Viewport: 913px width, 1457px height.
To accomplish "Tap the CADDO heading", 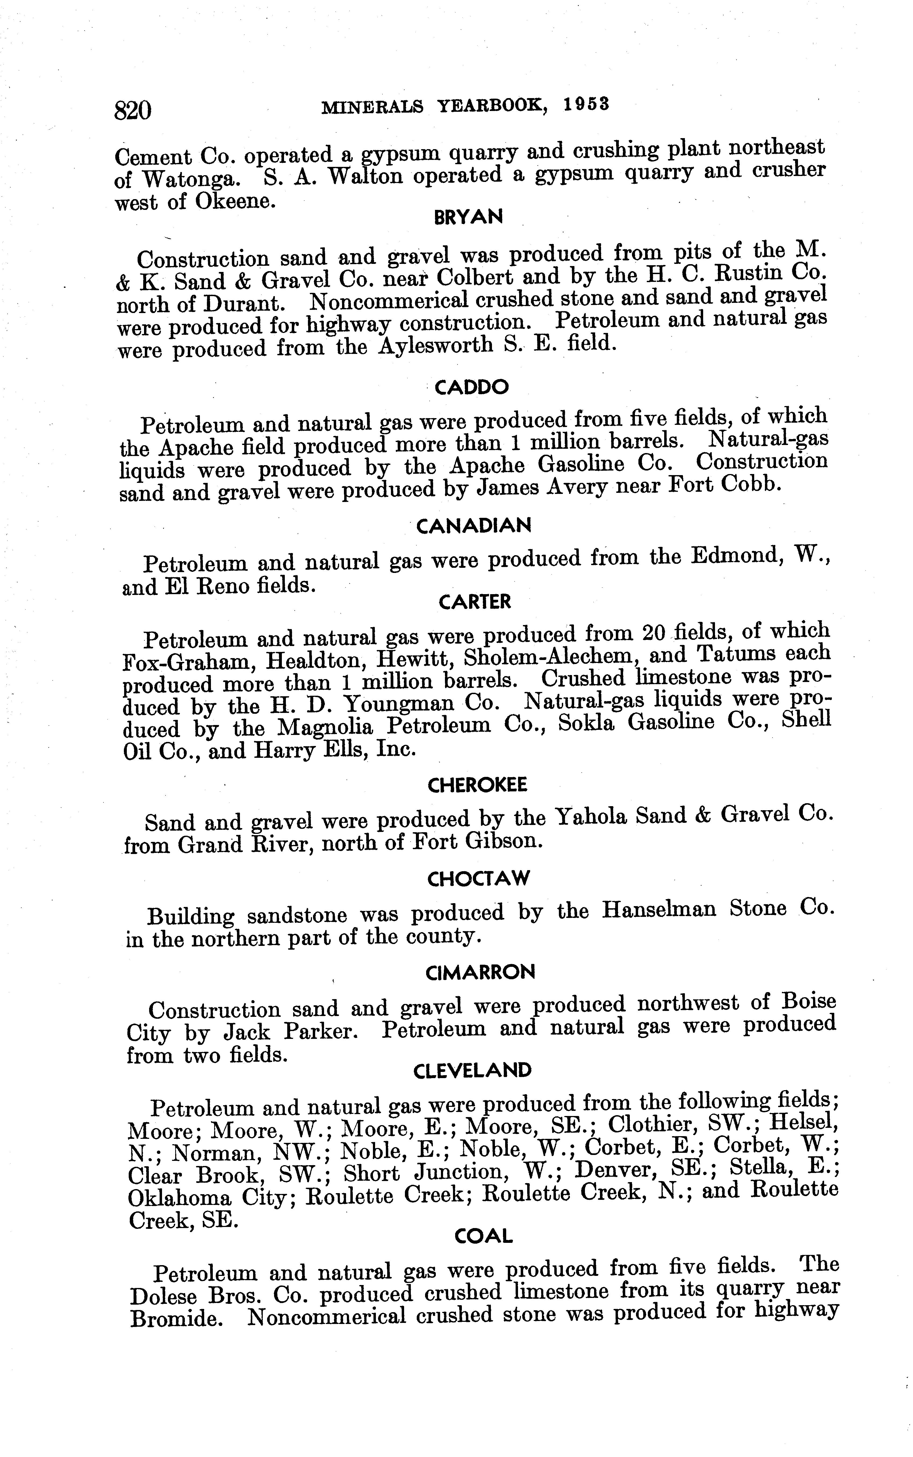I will point(472,387).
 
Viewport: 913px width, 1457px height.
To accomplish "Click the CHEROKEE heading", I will point(477,785).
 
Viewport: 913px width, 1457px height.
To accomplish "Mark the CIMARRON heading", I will point(480,972).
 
